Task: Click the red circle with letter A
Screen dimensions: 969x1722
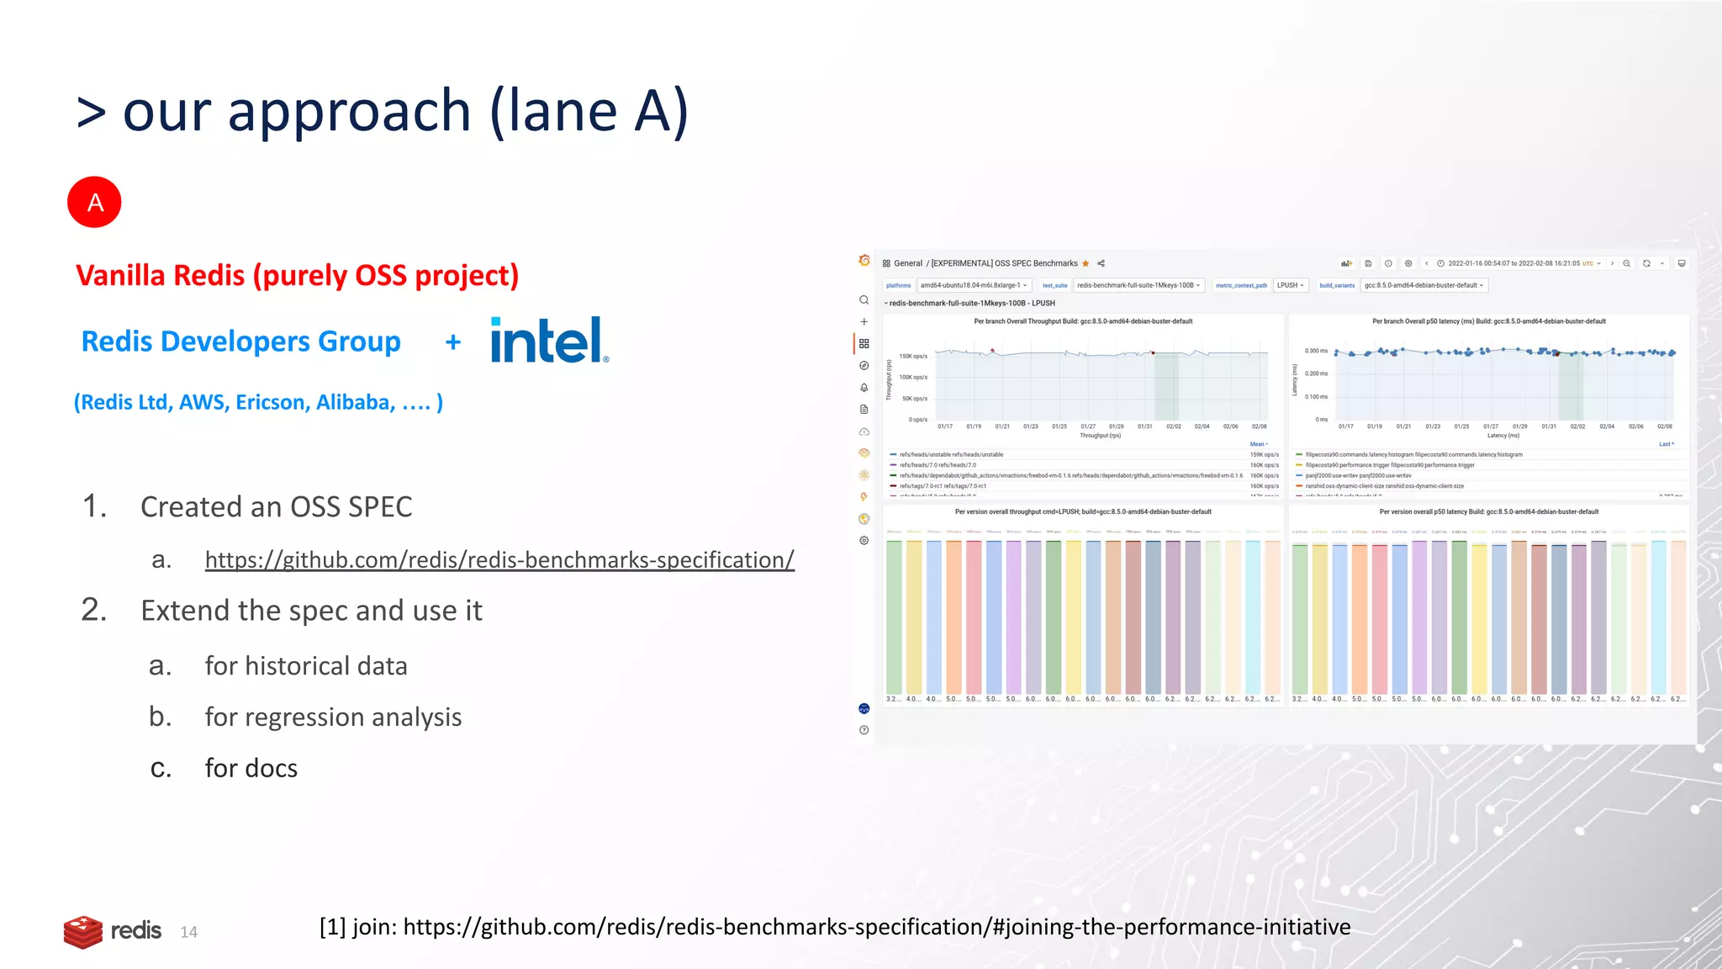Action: click(x=94, y=202)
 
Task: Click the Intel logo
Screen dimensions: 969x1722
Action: click(x=548, y=341)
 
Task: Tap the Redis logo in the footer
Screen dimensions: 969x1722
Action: click(x=113, y=931)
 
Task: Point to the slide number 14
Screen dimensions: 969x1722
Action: click(x=188, y=932)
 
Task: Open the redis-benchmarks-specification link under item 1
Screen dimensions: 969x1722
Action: click(x=499, y=560)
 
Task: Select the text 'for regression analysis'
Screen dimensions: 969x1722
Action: click(x=333, y=717)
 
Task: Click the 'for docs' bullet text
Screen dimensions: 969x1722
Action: click(x=251, y=768)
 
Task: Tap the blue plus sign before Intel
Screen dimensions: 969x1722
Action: click(x=453, y=342)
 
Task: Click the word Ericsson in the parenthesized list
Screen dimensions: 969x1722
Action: click(x=270, y=403)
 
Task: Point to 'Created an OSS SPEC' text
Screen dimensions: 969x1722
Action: click(x=276, y=507)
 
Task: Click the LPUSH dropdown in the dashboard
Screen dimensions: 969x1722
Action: click(x=1290, y=285)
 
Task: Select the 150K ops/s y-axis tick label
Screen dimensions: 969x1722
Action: click(x=913, y=357)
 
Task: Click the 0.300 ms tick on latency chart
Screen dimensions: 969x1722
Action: click(x=1316, y=351)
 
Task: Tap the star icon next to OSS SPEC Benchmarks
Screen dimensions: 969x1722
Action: click(x=1085, y=263)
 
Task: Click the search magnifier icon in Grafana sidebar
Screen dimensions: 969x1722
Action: click(x=864, y=300)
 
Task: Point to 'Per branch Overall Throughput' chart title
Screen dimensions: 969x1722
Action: click(x=1083, y=321)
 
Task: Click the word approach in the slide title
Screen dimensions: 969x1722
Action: click(x=349, y=111)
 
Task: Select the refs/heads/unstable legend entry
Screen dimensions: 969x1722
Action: click(x=950, y=454)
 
